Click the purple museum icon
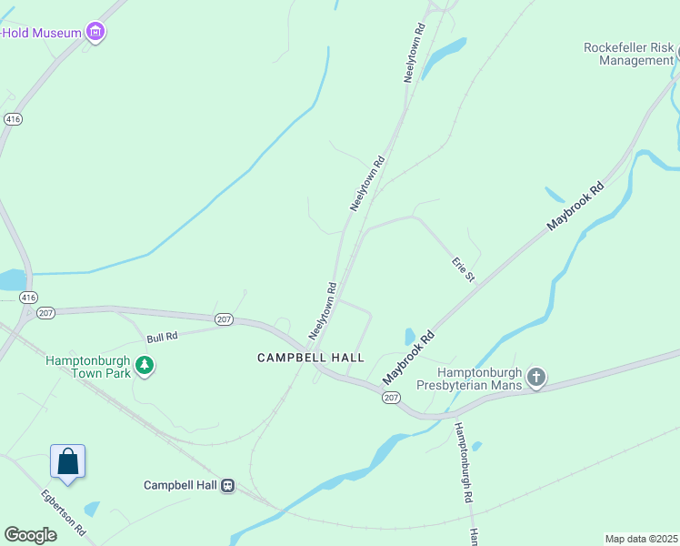point(95,34)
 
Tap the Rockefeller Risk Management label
point(628,54)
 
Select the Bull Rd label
point(162,337)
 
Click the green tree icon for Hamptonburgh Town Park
point(144,366)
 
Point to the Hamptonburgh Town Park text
point(88,367)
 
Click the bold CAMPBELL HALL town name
point(310,358)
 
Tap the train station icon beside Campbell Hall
point(227,485)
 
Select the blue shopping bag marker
point(68,461)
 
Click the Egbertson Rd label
point(63,512)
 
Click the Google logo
point(30,535)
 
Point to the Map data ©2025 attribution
point(641,539)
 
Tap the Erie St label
point(464,268)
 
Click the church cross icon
point(536,378)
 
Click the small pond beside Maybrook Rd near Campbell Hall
point(409,336)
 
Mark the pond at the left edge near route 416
point(12,279)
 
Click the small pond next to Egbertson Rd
point(91,509)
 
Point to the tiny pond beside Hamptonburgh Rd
point(476,446)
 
